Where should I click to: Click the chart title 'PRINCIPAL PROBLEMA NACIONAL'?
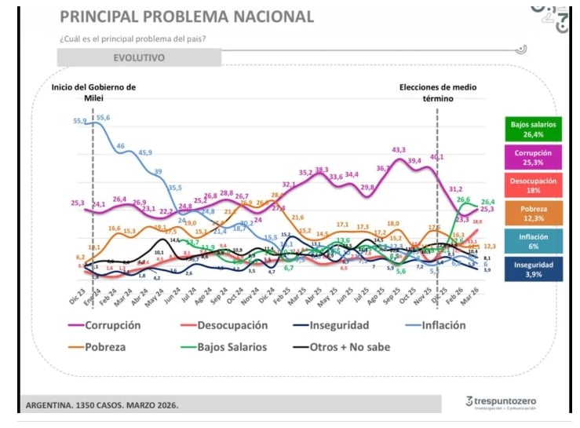(x=186, y=16)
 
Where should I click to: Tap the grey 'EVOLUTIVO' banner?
(x=139, y=57)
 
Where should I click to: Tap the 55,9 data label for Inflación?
(x=80, y=121)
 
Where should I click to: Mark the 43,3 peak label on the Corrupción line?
(x=399, y=150)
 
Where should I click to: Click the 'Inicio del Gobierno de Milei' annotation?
(x=93, y=93)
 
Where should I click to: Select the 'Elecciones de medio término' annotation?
(x=438, y=93)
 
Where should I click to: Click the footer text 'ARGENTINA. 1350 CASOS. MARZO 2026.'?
(x=102, y=405)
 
